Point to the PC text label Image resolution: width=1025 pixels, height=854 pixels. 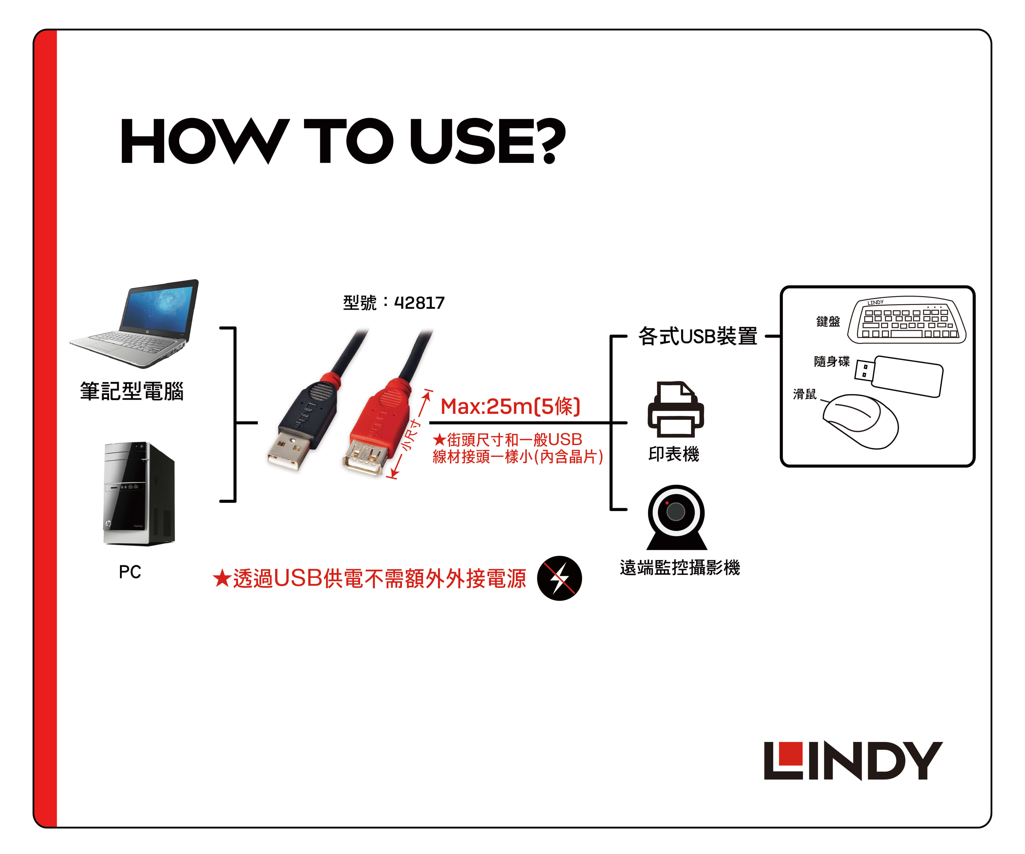130,572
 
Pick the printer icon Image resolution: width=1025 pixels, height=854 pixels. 676,409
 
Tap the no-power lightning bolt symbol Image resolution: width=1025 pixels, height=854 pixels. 559,578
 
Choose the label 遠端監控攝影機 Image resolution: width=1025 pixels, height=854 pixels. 680,567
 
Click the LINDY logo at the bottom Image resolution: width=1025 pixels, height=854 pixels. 853,761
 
